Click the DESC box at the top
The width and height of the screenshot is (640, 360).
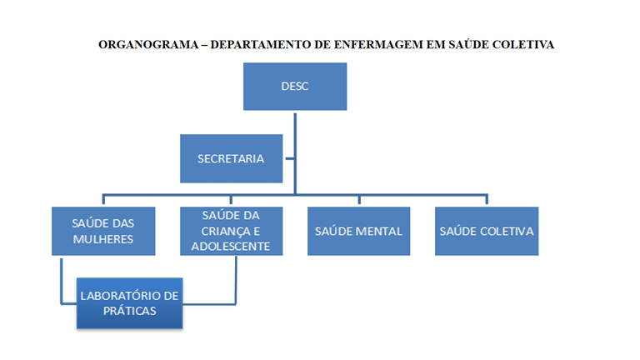coord(295,87)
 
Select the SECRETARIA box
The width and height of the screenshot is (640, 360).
coord(231,158)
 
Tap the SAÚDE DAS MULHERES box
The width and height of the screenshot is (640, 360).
coord(102,231)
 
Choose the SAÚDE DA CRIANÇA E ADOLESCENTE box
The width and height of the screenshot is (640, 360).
coord(231,231)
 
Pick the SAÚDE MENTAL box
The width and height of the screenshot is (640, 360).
coord(359,231)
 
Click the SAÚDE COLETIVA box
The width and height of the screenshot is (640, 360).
coord(487,231)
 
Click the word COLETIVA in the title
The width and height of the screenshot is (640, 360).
coord(522,44)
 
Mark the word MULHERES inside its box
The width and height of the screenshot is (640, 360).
coord(102,239)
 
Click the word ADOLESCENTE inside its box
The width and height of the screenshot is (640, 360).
coord(231,247)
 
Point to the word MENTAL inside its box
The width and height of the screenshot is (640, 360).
coord(382,231)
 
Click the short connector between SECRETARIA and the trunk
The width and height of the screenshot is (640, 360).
coord(288,158)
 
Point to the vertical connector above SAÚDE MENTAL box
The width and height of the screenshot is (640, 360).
coord(359,201)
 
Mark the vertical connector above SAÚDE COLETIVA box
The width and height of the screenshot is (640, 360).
coord(487,201)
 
